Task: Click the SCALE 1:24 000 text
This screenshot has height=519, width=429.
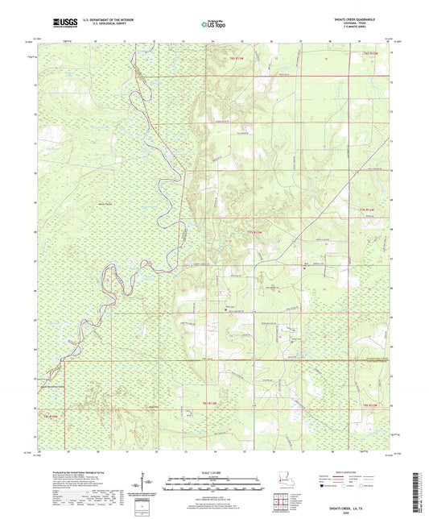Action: tap(214, 471)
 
